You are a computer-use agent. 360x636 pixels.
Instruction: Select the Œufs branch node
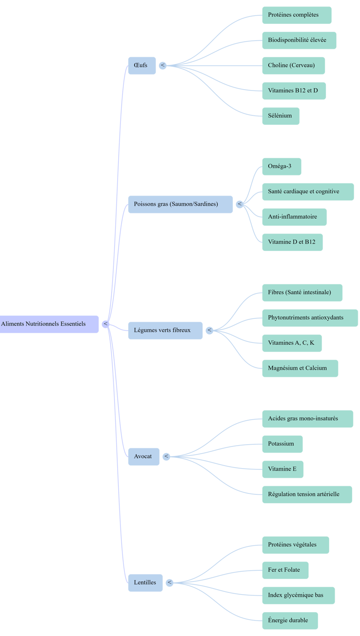coord(142,65)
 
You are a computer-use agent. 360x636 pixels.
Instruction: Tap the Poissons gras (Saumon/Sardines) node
coord(180,204)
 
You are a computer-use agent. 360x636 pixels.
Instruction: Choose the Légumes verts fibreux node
coord(165,330)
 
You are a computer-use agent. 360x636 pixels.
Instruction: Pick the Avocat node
coord(143,456)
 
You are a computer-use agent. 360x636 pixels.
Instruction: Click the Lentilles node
coord(145,583)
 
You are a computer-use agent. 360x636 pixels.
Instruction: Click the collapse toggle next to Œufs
coord(163,65)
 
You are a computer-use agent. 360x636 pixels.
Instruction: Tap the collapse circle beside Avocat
coord(166,456)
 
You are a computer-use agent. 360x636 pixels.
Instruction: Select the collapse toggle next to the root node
coord(106,324)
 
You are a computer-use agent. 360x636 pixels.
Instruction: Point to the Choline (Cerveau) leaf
coord(293,65)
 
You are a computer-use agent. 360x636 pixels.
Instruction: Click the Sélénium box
coord(280,116)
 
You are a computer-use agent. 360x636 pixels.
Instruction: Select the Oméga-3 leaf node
coord(281,167)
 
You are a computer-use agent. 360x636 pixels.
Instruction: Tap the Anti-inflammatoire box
coord(294,217)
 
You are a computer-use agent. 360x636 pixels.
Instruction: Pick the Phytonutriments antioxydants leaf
coord(309,318)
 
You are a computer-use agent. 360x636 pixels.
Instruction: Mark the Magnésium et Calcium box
coord(300,368)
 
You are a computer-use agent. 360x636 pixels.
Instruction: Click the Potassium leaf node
coord(282,444)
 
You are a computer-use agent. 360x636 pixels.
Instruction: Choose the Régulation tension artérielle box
coord(307,494)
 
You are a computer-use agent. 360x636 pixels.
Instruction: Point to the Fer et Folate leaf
coord(285,570)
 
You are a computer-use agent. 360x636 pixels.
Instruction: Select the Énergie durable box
coord(290,621)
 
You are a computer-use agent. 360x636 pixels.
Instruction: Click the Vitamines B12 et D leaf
coord(293,91)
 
